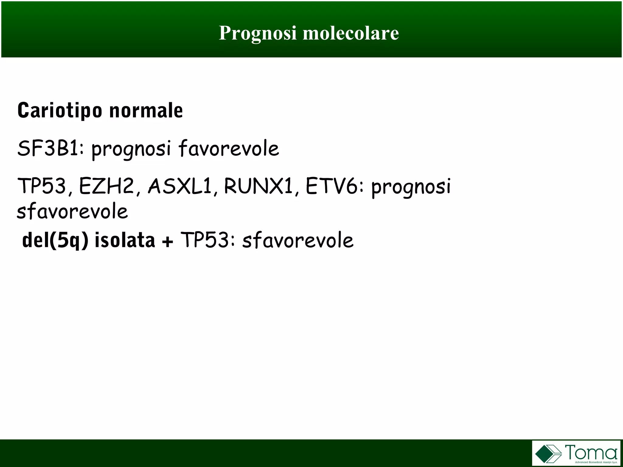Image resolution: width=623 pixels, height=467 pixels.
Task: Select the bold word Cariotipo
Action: click(x=60, y=111)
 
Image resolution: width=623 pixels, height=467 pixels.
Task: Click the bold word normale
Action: click(x=146, y=111)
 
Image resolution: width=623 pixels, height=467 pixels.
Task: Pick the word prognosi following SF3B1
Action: click(x=131, y=150)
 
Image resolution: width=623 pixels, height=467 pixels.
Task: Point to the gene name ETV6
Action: click(x=332, y=186)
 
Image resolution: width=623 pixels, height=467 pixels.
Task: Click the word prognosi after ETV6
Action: click(x=411, y=187)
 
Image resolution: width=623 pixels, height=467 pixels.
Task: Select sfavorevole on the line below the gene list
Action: click(x=72, y=212)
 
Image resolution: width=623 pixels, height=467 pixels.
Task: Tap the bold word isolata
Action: click(x=125, y=240)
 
